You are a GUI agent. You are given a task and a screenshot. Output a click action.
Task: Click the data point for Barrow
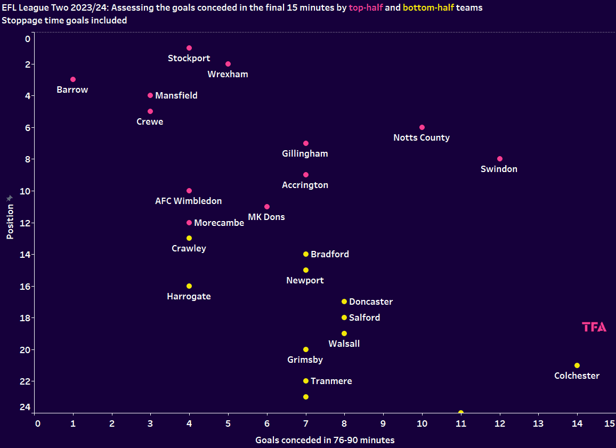click(x=73, y=79)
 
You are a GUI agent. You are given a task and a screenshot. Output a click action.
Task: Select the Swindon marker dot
click(x=500, y=159)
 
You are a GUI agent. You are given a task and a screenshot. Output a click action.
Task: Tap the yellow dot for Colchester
click(x=577, y=365)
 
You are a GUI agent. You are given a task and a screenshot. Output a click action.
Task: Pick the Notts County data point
click(x=422, y=127)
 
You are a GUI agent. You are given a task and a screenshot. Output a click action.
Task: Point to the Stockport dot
click(x=189, y=48)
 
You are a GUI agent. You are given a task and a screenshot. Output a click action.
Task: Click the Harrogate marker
click(x=189, y=286)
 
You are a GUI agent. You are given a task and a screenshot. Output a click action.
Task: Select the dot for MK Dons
click(x=267, y=207)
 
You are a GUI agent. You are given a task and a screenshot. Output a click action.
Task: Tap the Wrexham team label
click(x=228, y=75)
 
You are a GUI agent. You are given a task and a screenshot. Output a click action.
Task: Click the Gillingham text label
click(x=305, y=154)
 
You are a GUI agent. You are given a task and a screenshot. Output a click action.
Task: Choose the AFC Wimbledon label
click(x=188, y=201)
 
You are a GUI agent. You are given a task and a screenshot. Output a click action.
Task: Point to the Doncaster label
click(x=371, y=302)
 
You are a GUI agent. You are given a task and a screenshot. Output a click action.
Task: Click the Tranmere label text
click(x=331, y=381)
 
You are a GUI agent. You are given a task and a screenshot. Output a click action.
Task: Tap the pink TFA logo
click(x=594, y=327)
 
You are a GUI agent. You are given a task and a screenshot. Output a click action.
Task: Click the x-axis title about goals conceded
click(x=325, y=440)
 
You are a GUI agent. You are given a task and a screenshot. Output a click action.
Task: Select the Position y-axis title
click(x=10, y=221)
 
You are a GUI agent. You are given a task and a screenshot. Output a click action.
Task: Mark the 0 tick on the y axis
click(x=28, y=39)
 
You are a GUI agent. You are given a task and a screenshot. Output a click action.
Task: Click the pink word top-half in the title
click(x=366, y=8)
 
